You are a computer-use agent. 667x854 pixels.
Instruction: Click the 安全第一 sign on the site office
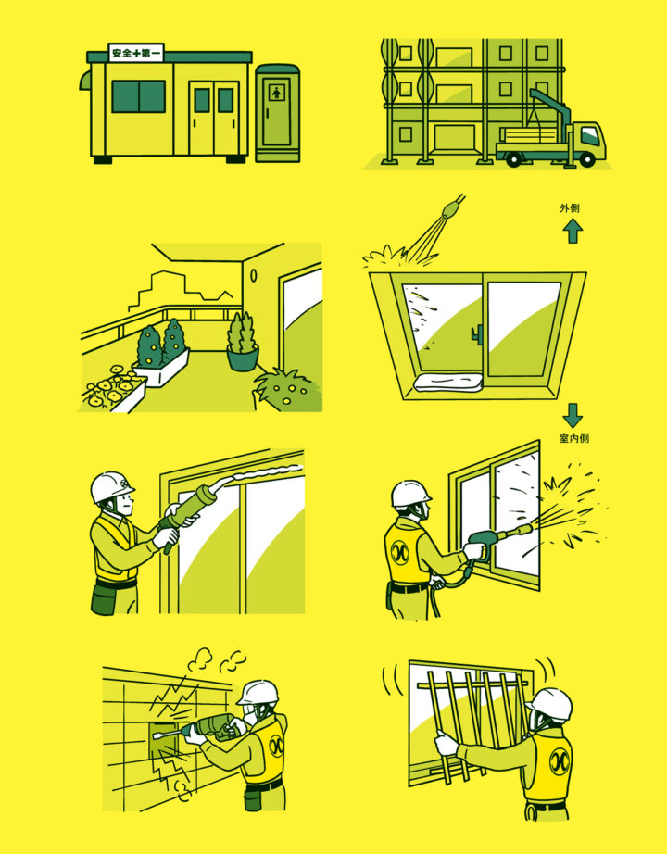click(x=136, y=53)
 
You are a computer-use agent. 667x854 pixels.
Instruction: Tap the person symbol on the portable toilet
click(x=277, y=93)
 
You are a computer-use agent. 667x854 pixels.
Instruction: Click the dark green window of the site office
click(x=138, y=96)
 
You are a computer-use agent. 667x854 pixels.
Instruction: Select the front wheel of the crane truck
click(x=587, y=159)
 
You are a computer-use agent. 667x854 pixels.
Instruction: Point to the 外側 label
click(x=570, y=208)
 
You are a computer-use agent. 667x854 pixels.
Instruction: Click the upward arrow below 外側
click(x=573, y=231)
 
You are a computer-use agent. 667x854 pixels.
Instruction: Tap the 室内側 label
click(x=574, y=438)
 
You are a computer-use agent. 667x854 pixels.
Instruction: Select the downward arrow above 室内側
click(x=573, y=416)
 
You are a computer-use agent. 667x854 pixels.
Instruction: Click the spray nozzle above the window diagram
click(x=452, y=207)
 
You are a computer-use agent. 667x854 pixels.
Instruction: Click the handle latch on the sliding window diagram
click(x=478, y=334)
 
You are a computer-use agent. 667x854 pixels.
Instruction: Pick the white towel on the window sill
click(x=448, y=383)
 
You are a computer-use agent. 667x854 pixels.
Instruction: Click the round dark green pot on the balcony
click(x=243, y=358)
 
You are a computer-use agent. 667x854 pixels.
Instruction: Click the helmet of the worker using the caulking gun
click(x=111, y=486)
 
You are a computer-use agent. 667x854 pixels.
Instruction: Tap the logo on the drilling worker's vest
click(x=276, y=747)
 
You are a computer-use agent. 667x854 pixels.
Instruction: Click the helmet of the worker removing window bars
click(x=550, y=704)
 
